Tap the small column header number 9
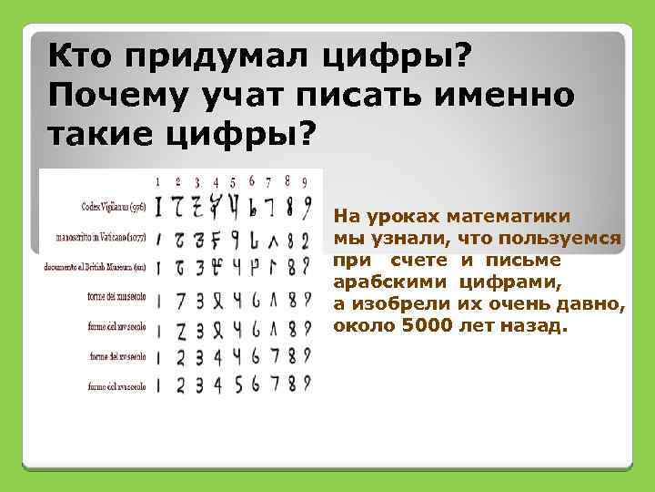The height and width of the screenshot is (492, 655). click(x=307, y=181)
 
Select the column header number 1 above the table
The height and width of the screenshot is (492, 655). click(x=156, y=181)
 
